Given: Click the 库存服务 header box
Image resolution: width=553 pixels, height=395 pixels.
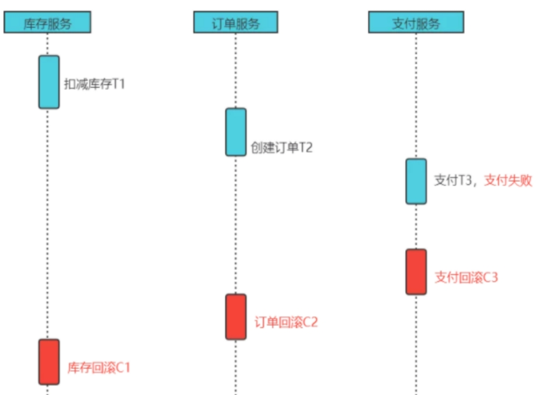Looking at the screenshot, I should tap(47, 23).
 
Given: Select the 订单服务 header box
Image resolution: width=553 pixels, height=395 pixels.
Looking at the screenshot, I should tap(236, 23).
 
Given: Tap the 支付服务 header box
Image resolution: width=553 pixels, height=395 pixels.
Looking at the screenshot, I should tap(416, 23).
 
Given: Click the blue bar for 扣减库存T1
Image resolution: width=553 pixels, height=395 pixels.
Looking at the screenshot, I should tap(49, 82).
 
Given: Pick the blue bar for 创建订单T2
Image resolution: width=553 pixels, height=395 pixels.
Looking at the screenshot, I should tap(236, 132).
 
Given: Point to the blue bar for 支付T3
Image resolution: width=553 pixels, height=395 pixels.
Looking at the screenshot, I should tap(416, 181).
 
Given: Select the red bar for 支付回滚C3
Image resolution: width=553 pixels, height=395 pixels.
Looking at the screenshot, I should tap(416, 271).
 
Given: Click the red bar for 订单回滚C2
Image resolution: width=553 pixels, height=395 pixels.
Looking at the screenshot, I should tap(236, 316).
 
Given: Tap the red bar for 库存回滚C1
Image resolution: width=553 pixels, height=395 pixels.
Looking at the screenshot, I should tap(49, 361).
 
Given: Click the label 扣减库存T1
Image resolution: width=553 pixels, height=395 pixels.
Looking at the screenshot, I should tap(94, 84).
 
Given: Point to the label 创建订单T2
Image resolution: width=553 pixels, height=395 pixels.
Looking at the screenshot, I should tap(282, 148).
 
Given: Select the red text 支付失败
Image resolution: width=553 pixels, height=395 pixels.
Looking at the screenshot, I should tap(509, 180).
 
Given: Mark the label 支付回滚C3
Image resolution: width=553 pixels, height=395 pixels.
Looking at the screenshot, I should tap(466, 277).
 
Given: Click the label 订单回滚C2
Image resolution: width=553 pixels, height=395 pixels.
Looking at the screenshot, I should tap(286, 322).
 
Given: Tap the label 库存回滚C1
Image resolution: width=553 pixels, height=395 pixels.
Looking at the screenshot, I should tap(99, 368).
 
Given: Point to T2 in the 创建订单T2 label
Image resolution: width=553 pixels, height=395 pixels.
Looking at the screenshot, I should tap(305, 148).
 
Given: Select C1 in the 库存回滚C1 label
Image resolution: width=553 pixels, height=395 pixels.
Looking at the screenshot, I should tap(123, 368).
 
